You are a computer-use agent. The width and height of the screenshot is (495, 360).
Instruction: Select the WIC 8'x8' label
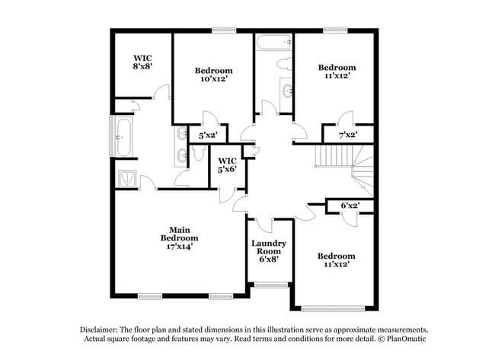tap(143, 62)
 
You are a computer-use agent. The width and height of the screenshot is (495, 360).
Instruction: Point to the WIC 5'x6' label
tap(228, 164)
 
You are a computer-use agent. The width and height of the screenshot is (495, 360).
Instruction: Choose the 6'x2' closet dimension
tap(350, 205)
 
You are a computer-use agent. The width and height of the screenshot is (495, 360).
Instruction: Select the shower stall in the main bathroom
tap(126, 179)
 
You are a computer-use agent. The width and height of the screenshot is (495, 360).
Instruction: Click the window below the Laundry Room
tap(268, 286)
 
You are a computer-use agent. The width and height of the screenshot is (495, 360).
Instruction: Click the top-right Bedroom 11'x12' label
tap(336, 72)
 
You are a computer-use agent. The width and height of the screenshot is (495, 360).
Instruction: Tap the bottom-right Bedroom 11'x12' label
tap(336, 260)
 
